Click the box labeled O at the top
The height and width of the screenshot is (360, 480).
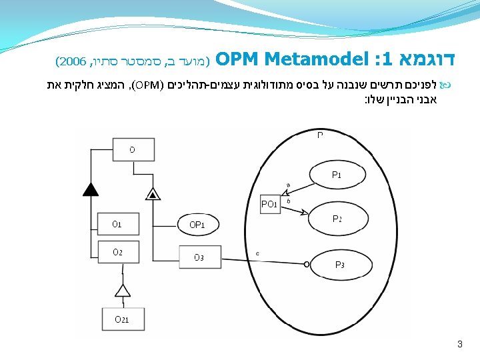[132, 150]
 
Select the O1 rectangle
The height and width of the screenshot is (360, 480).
[117, 224]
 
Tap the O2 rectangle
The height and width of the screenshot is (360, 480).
[117, 252]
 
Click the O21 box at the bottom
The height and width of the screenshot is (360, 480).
[121, 319]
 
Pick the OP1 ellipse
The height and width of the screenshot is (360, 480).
[197, 225]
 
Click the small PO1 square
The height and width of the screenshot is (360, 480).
[270, 204]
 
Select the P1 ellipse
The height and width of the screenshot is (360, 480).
[337, 175]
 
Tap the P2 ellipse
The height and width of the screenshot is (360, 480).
[337, 219]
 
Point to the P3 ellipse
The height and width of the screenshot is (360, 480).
[339, 265]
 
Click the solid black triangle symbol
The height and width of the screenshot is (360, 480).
[91, 189]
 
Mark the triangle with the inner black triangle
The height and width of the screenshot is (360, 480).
[153, 194]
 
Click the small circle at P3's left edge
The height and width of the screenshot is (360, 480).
[307, 265]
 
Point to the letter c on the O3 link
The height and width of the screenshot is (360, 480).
[258, 253]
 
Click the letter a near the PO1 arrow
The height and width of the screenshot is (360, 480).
[288, 185]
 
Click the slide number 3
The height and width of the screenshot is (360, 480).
[459, 345]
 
